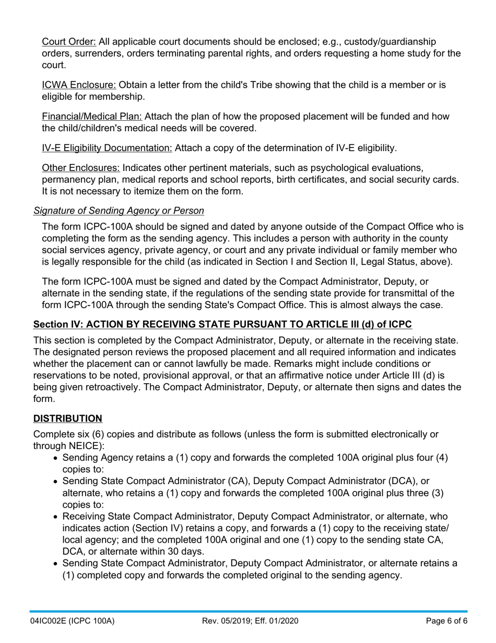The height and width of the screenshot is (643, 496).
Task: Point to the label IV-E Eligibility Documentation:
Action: point(107,148)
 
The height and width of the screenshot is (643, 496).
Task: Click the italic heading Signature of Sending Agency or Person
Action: point(119,211)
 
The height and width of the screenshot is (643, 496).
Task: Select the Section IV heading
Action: point(222,325)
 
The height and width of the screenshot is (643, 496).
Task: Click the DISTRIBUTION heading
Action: point(68,419)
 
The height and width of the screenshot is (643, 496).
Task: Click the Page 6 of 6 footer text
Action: point(446,621)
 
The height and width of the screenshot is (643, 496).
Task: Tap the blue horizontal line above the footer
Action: point(248,611)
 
